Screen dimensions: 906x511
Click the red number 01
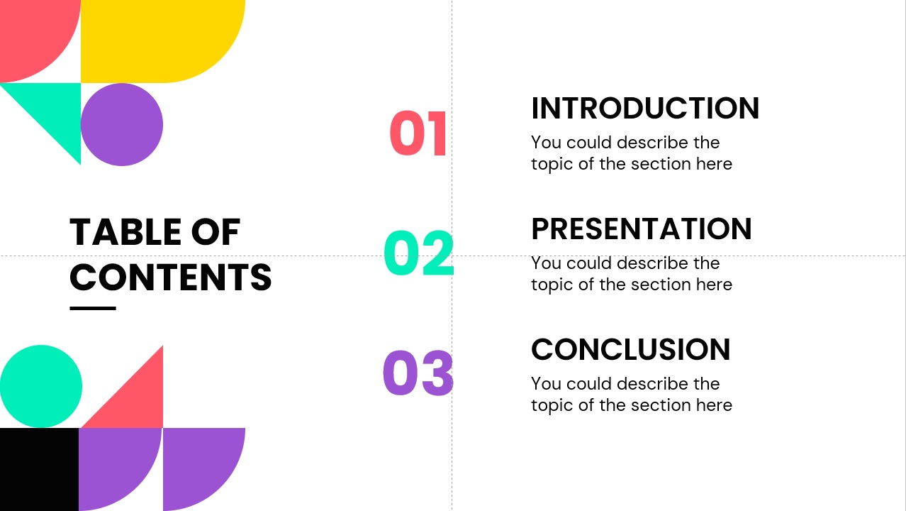(418, 133)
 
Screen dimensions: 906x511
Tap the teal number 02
(419, 253)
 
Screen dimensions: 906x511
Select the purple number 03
(418, 373)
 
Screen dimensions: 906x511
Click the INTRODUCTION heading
(645, 109)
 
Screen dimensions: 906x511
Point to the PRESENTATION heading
(642, 229)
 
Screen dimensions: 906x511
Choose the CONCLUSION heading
(631, 349)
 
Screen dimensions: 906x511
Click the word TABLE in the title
(125, 232)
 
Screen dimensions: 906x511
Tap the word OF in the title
(216, 232)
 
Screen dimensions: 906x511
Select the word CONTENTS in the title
(170, 278)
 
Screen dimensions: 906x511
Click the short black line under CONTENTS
(93, 309)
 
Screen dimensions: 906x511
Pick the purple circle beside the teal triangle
(122, 124)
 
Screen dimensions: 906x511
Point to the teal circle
(41, 386)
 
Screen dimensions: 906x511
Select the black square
(39, 469)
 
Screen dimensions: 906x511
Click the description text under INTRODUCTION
(632, 153)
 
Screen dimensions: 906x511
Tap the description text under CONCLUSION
(632, 395)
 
